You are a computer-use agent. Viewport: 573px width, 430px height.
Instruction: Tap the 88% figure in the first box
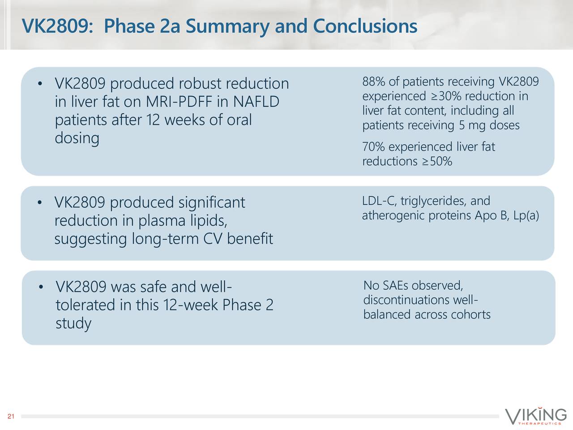click(x=373, y=82)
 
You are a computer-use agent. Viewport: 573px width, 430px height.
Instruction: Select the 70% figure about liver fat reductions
click(x=373, y=147)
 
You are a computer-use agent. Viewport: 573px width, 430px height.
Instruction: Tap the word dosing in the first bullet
click(x=77, y=138)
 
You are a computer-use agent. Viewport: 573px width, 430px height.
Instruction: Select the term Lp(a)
click(x=526, y=216)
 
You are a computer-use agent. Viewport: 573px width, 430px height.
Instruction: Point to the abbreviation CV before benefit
click(x=213, y=240)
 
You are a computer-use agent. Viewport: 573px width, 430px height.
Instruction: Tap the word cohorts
click(x=470, y=314)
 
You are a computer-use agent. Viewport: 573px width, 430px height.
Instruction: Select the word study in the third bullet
click(x=73, y=323)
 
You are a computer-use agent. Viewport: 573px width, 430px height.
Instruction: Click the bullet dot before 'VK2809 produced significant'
click(x=40, y=203)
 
